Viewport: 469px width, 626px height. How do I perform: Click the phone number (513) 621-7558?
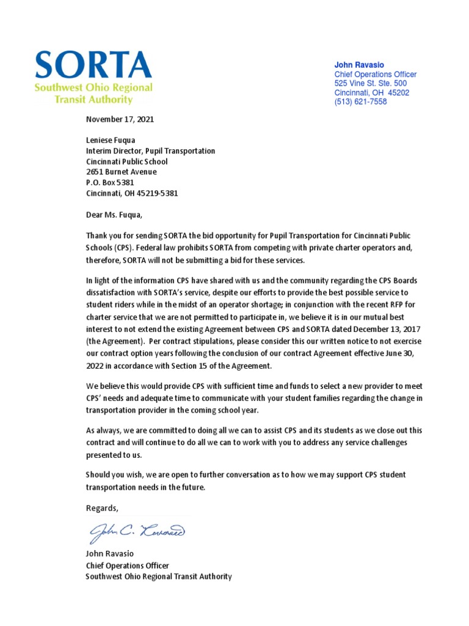coord(360,102)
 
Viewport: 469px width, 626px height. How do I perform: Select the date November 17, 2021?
coord(120,119)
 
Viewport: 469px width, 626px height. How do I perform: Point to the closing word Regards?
coord(102,508)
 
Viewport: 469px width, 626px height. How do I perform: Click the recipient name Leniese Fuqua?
coord(111,140)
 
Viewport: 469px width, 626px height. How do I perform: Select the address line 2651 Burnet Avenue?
coord(122,172)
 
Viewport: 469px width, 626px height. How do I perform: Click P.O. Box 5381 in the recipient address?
coord(110,182)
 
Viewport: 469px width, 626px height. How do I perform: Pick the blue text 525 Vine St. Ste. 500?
coord(370,83)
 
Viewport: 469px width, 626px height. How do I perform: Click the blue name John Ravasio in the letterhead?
coord(359,65)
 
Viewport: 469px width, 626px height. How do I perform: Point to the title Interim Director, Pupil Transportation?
coord(150,151)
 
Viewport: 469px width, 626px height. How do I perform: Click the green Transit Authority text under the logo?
coord(93,99)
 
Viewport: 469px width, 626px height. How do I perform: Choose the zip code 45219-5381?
coord(158,193)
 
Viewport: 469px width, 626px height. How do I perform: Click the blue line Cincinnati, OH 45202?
coord(371,93)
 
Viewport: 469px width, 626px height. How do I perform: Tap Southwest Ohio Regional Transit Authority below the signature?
coord(159,576)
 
